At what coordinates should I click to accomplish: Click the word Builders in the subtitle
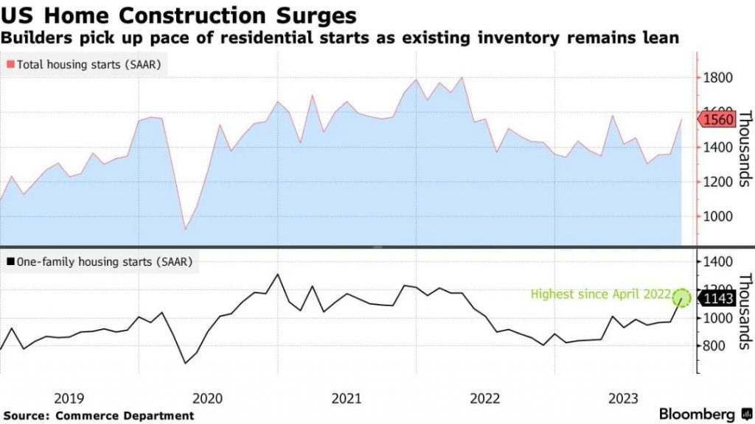(34, 36)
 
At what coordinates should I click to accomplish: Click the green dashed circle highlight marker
(682, 298)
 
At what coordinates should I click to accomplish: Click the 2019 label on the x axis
(69, 398)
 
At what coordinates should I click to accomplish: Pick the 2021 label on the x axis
(347, 398)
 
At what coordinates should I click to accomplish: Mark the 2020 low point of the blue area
(185, 229)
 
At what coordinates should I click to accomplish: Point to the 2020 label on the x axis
(207, 398)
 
